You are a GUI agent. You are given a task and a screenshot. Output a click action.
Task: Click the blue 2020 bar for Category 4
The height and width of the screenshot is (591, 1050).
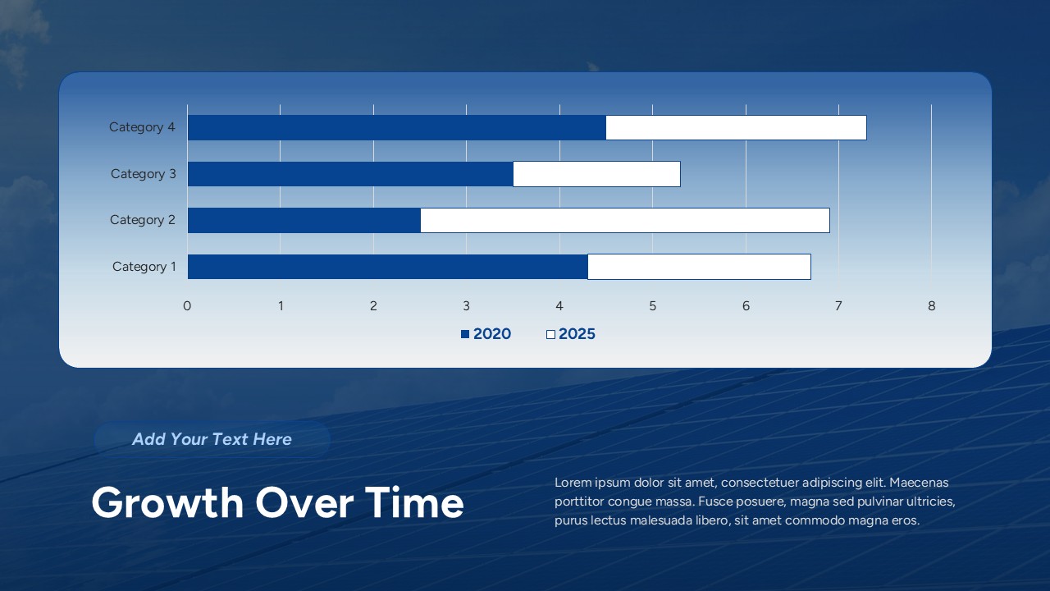tap(396, 127)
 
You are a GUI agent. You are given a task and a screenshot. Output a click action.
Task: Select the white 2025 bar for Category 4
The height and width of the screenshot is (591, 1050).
tap(736, 127)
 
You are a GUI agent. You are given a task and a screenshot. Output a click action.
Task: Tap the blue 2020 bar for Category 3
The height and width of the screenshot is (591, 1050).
tap(350, 174)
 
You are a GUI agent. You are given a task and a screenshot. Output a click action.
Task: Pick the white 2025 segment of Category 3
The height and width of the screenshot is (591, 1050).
tap(596, 174)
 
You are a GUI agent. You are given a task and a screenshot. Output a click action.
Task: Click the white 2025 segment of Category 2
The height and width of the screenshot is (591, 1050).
tap(624, 220)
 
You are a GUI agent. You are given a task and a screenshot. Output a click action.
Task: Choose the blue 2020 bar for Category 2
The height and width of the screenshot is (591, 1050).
tap(304, 220)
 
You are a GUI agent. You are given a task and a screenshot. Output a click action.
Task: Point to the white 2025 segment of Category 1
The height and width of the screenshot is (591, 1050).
tap(699, 267)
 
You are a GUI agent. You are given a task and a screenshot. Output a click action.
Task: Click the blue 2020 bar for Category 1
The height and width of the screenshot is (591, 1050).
tap(387, 267)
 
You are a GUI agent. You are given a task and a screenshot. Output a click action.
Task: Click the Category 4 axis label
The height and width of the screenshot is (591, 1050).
tap(142, 127)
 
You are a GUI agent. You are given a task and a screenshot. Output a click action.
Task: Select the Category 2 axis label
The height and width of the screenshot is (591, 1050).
tap(142, 220)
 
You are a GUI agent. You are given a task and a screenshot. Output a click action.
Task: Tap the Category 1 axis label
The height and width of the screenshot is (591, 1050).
tap(144, 267)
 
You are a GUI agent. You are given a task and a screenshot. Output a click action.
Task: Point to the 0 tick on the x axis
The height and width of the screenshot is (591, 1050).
tap(187, 306)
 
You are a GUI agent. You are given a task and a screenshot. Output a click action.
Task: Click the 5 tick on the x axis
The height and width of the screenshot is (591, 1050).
tap(653, 306)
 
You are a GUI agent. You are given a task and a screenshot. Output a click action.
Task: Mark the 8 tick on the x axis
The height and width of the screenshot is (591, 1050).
tap(932, 306)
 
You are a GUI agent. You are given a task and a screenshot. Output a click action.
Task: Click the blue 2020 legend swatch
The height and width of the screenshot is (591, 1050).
tap(465, 334)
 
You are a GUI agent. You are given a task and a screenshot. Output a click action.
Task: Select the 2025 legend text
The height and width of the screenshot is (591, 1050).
tap(577, 334)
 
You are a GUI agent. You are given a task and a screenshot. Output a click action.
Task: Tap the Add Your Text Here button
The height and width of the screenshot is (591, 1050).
tap(212, 439)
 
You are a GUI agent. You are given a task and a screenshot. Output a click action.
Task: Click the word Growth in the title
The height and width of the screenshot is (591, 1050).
tap(167, 503)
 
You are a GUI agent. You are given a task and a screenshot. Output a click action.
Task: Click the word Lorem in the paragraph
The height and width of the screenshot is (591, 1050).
tap(573, 483)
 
